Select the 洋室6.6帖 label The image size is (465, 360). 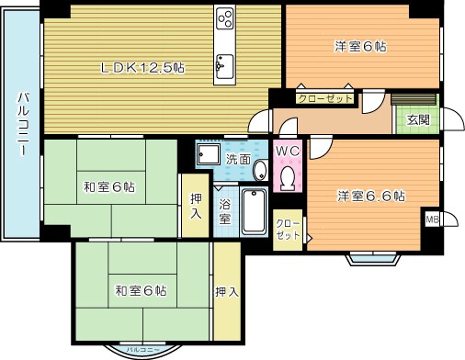[x=371, y=195]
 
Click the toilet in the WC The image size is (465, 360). [x=287, y=175]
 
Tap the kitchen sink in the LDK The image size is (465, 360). [x=223, y=63]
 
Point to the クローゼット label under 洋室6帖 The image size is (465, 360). [x=324, y=97]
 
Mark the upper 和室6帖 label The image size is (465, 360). [x=109, y=187]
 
